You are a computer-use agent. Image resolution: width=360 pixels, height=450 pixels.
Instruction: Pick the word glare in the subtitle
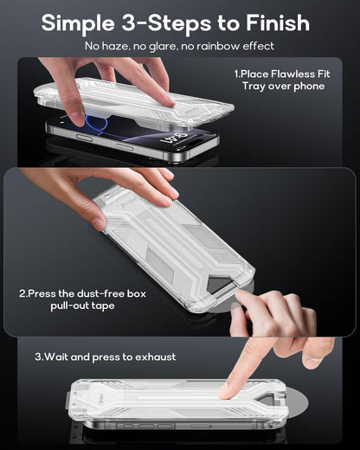coord(166,45)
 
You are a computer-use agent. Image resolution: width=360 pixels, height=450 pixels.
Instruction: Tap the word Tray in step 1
coord(249,87)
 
